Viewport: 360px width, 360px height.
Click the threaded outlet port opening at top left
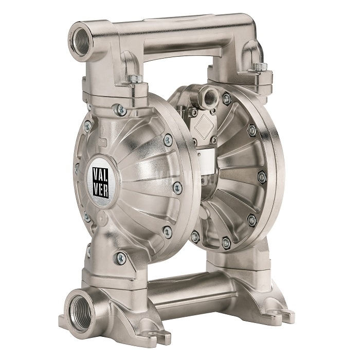coord(81,41)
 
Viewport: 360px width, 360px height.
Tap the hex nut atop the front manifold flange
coord(136,79)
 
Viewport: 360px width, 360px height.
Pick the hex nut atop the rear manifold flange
coord(261,66)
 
